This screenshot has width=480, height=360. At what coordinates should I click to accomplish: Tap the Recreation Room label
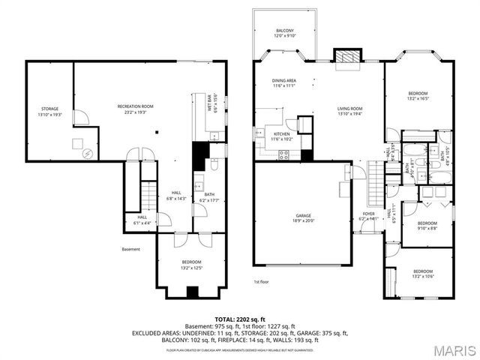click(136, 109)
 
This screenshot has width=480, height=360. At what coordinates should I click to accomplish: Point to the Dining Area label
click(283, 82)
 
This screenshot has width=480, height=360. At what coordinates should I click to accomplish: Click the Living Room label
click(350, 111)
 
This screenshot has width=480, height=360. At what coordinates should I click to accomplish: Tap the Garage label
click(303, 218)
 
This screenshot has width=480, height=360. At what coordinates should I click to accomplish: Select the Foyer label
click(369, 217)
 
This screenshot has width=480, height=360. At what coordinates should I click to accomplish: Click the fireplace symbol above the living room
click(346, 58)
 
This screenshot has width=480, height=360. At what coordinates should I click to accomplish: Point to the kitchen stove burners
click(284, 155)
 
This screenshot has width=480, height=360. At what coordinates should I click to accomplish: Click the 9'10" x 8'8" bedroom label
click(427, 225)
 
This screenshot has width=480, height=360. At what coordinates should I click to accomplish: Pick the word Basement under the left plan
click(131, 249)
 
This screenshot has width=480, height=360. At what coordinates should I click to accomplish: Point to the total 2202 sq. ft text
click(241, 319)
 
